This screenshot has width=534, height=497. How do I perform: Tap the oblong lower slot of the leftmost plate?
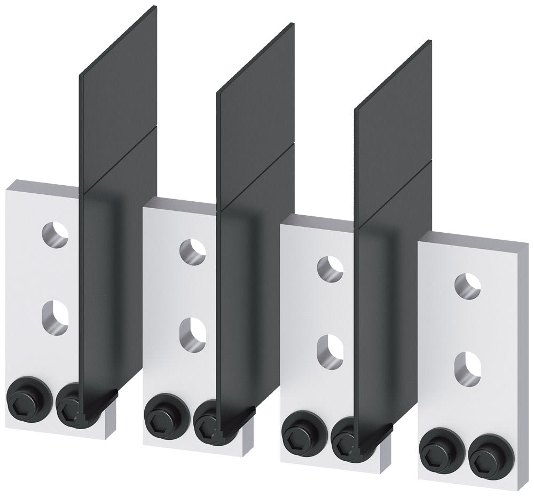pos(55,317)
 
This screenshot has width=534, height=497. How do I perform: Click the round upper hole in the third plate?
pos(331,266)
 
